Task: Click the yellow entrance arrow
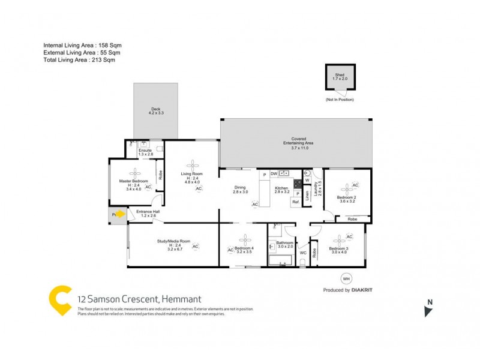(119, 213)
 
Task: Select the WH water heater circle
(346, 278)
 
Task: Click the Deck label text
(155, 110)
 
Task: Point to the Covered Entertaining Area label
(295, 144)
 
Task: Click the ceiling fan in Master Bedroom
(134, 174)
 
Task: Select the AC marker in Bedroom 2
(355, 185)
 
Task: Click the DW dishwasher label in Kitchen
(274, 174)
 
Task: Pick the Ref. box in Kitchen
(296, 203)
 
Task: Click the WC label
(302, 253)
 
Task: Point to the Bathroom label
(285, 243)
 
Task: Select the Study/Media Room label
(173, 242)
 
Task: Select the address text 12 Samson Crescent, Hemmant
(139, 299)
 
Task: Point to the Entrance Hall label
(148, 212)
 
